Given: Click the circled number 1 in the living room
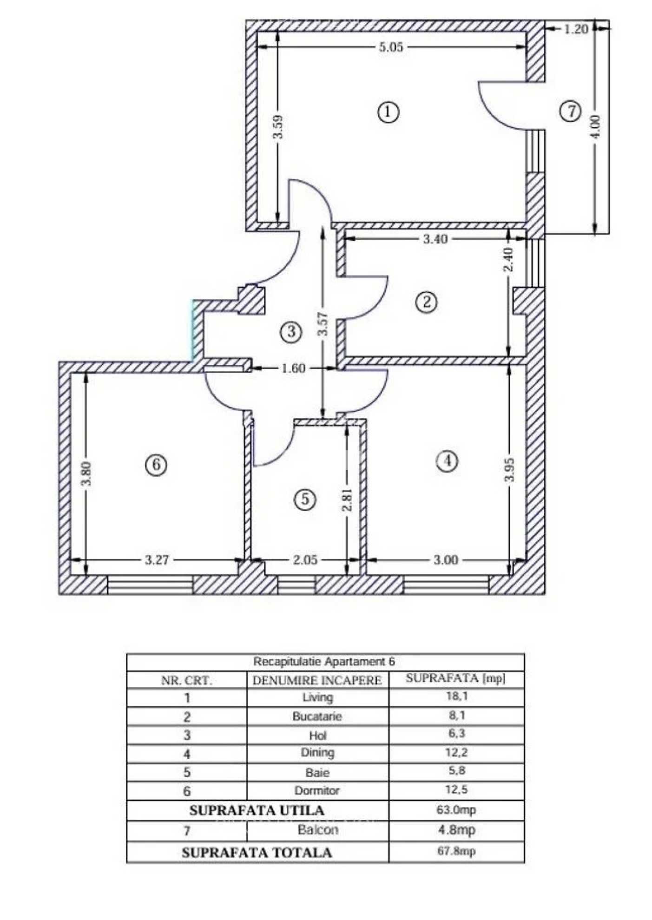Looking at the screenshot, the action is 388,112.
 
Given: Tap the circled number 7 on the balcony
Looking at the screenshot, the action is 570,111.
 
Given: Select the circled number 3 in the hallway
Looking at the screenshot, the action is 291,332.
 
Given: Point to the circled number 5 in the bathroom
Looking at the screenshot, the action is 305,499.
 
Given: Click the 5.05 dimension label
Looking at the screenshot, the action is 391,47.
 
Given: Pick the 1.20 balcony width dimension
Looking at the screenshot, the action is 576,29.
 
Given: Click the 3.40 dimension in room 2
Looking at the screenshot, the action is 435,239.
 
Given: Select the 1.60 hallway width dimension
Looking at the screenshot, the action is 294,368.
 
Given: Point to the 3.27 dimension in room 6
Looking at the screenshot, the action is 157,560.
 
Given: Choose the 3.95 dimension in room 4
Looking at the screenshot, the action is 510,470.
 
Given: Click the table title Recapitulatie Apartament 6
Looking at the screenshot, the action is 324,661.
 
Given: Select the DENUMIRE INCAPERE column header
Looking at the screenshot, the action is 317,681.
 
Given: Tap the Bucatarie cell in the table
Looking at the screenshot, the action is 317,716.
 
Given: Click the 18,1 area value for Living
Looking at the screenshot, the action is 456,697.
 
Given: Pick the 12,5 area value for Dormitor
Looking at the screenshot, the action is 456,789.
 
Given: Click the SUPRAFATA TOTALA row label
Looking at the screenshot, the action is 257,853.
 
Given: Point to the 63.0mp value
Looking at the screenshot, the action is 456,810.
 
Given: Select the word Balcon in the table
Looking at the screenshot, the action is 318,830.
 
